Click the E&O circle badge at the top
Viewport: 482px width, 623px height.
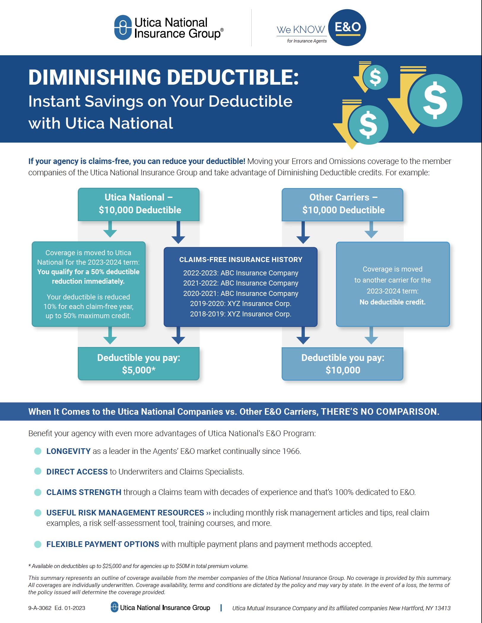[x=348, y=28]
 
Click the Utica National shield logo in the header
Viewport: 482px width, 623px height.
[x=123, y=27]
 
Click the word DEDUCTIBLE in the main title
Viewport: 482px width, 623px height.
[x=232, y=77]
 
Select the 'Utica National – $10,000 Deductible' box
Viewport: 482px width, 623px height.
[x=139, y=204]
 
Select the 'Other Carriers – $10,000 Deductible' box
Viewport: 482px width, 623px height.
[x=343, y=204]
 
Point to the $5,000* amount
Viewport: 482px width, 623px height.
[x=139, y=370]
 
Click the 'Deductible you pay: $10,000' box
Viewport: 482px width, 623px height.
[x=343, y=364]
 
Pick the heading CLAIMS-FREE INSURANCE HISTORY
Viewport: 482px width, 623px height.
[x=241, y=259]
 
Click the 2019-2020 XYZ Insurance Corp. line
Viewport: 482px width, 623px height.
[x=241, y=304]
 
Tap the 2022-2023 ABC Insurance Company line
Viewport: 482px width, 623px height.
[x=241, y=273]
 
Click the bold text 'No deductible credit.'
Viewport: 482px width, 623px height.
[x=392, y=302]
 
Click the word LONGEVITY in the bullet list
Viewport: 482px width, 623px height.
[x=68, y=451]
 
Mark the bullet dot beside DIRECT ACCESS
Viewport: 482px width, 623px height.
[x=38, y=471]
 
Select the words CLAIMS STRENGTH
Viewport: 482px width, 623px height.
[x=84, y=492]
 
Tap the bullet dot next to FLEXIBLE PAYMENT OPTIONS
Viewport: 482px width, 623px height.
[x=38, y=544]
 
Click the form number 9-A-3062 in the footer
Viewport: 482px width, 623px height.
[x=40, y=608]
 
